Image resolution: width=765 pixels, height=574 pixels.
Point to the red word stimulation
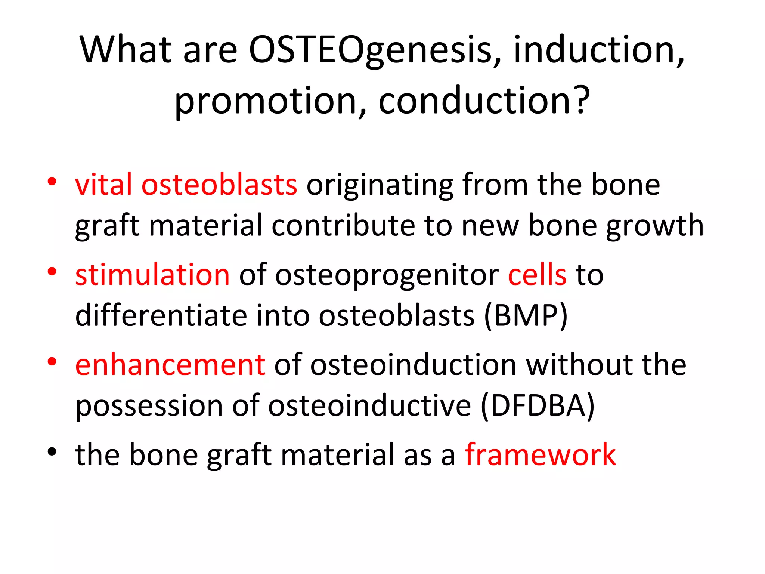pyautogui.click(x=152, y=275)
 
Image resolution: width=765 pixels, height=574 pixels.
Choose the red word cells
pyautogui.click(x=537, y=275)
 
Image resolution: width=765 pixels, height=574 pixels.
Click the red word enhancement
pyautogui.click(x=170, y=365)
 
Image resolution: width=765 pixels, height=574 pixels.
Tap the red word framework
pyautogui.click(x=540, y=455)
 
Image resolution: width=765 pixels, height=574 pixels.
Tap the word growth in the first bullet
pyautogui.click(x=655, y=226)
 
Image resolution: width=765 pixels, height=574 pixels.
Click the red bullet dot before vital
pyautogui.click(x=52, y=182)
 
